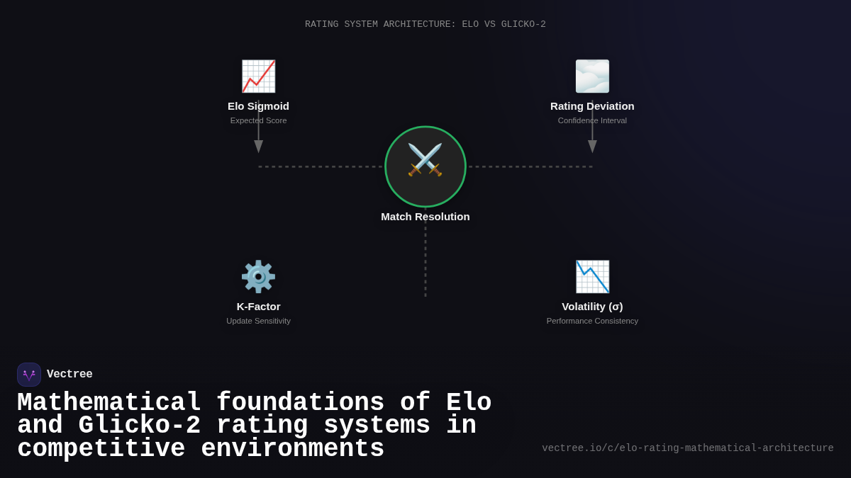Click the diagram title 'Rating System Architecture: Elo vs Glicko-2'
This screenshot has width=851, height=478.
[425, 25]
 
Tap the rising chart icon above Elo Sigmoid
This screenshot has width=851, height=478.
[258, 76]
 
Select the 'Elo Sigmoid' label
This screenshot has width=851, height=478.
[258, 106]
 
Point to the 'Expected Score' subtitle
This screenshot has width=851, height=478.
[258, 120]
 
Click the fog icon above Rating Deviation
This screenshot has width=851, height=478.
[592, 76]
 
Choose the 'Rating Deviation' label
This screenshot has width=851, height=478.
[592, 106]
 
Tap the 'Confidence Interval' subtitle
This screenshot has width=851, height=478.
[592, 120]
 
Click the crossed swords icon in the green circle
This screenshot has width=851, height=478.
[425, 161]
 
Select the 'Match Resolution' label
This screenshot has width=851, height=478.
[425, 217]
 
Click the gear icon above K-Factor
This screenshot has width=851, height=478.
[258, 277]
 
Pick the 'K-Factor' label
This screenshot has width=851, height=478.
[258, 307]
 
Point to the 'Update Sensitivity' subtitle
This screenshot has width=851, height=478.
[258, 321]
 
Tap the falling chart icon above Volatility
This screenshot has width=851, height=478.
[592, 277]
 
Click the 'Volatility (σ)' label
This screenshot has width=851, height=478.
[592, 307]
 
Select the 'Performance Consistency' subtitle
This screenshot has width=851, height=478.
[592, 321]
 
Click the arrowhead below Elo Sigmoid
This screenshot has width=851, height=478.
[258, 146]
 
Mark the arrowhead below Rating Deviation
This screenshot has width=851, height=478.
[592, 146]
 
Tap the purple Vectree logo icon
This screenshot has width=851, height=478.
[29, 375]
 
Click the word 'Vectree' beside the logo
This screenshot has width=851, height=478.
[69, 375]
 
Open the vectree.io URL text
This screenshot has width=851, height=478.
[688, 448]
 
